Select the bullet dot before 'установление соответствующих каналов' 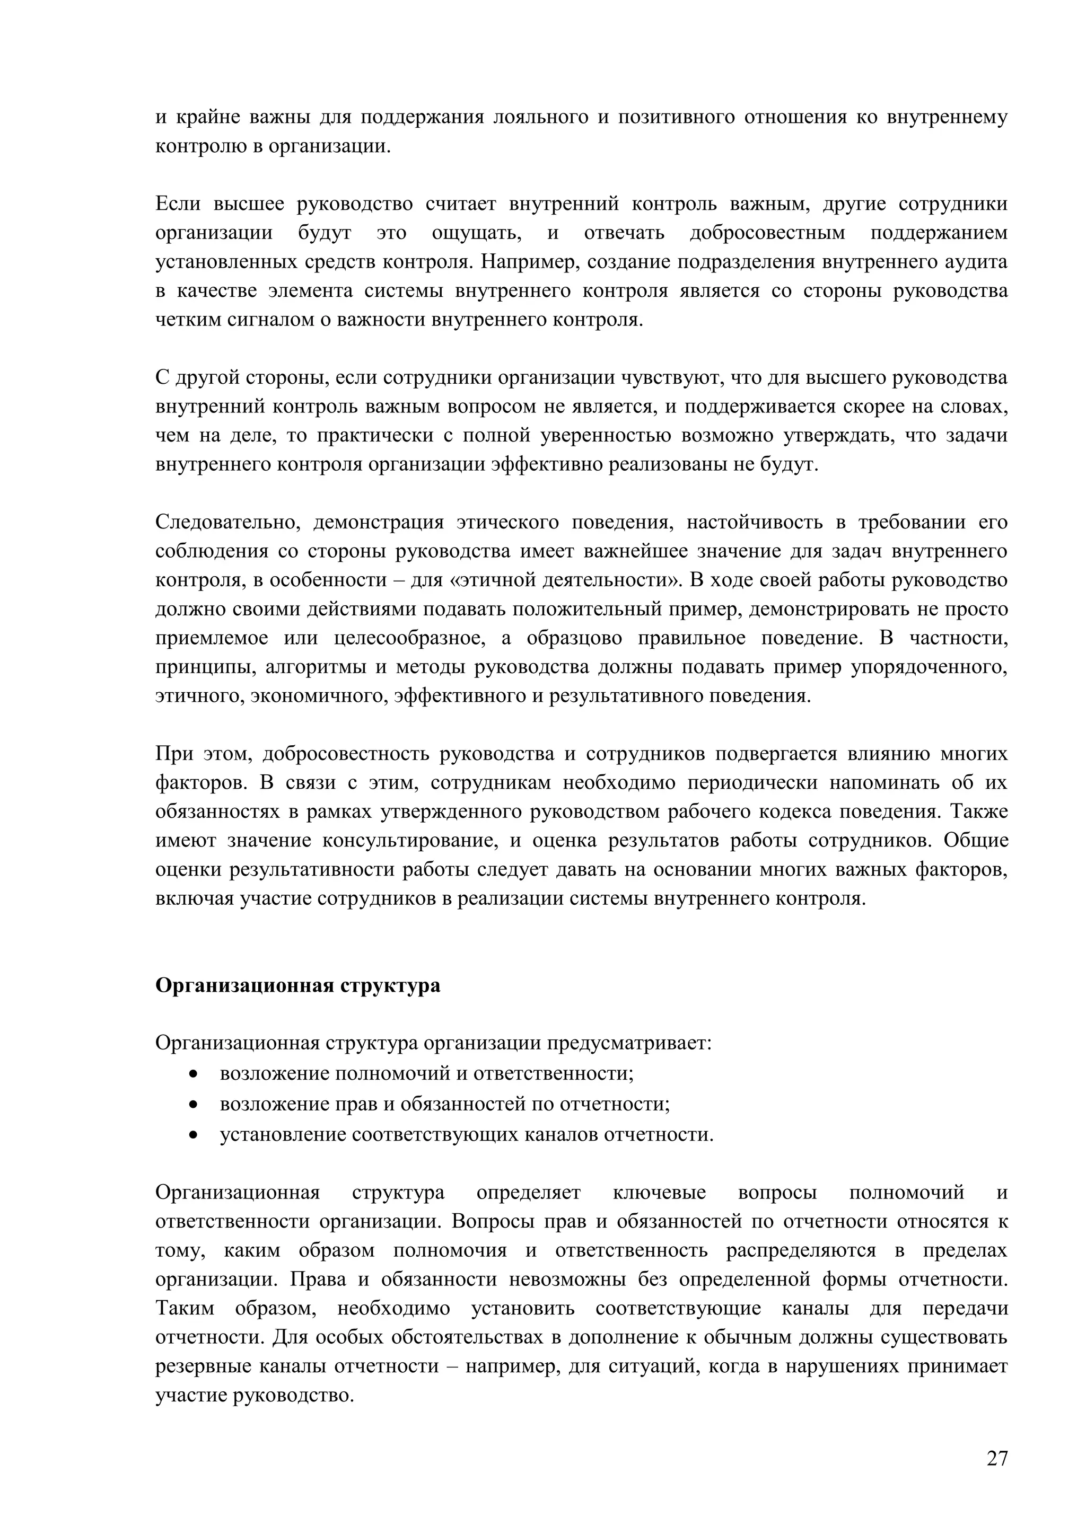click(x=194, y=1135)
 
